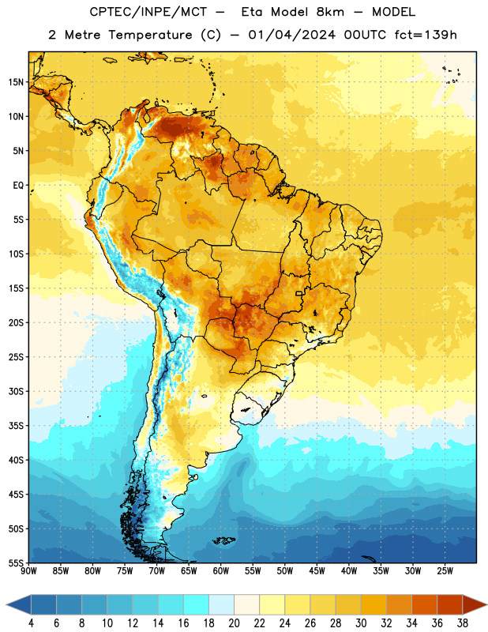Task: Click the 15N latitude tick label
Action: tap(16, 82)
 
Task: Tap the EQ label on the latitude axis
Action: tap(18, 186)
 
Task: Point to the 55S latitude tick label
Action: tap(16, 563)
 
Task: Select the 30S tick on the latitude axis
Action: tap(16, 391)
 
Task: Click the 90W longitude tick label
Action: tap(28, 571)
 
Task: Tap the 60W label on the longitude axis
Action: tap(221, 571)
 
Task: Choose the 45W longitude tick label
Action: tap(317, 571)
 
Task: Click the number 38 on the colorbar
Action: tap(463, 623)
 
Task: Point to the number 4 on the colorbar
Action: tap(31, 623)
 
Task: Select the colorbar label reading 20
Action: tap(234, 623)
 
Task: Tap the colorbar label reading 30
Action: tap(361, 623)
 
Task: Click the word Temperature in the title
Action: tap(150, 35)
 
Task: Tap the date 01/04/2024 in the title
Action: tap(291, 35)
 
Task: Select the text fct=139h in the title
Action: tap(426, 35)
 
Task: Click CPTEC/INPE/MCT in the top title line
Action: tap(148, 12)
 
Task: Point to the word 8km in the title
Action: tap(330, 12)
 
